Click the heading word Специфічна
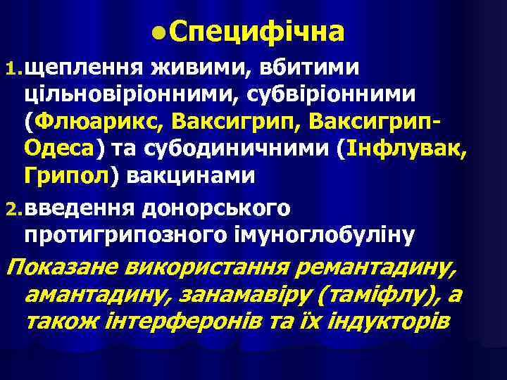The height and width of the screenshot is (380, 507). (x=257, y=32)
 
